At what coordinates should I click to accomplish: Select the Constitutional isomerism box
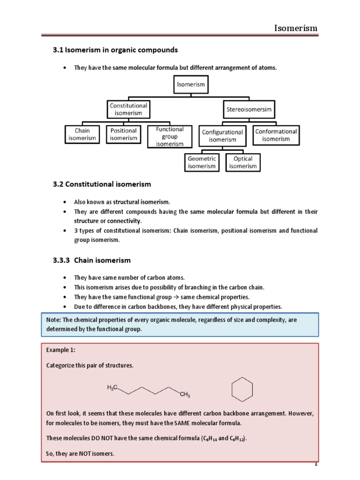[128, 109]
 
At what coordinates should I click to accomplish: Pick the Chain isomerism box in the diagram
[82, 134]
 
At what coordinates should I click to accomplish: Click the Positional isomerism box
[124, 134]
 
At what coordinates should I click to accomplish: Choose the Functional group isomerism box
[170, 136]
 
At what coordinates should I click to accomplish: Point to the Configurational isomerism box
[223, 135]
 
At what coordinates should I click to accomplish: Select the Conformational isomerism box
[276, 135]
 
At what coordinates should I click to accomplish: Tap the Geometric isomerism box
[202, 162]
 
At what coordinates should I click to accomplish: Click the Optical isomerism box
[243, 162]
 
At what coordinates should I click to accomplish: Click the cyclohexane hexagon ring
[242, 390]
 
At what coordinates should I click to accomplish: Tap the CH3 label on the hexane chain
[185, 395]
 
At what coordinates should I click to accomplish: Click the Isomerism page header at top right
[296, 29]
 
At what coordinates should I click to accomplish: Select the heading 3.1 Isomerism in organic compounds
[115, 50]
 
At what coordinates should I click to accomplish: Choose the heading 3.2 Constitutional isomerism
[102, 184]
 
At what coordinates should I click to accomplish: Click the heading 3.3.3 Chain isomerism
[91, 260]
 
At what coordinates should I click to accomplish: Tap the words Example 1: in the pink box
[60, 350]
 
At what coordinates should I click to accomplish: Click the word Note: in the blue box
[53, 319]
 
